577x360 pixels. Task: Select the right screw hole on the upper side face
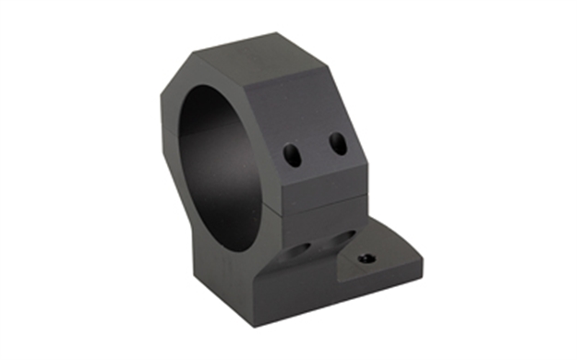pyautogui.click(x=337, y=143)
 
